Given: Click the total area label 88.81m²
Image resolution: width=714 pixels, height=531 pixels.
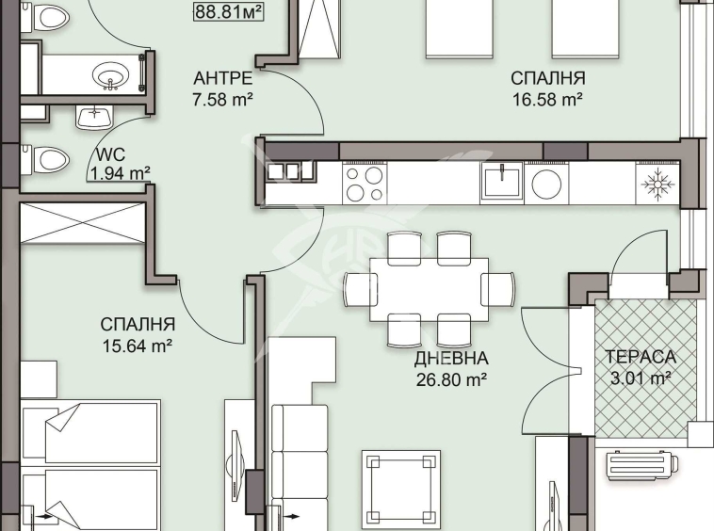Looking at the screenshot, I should [227, 12].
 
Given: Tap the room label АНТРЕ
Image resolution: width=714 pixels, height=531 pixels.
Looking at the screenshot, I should [222, 78].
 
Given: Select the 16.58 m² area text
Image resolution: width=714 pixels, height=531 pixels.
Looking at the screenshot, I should [547, 99].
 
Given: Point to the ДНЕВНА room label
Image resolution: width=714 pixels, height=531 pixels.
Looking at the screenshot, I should [451, 359].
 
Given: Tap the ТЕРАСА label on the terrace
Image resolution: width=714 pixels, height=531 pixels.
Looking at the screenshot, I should [640, 359].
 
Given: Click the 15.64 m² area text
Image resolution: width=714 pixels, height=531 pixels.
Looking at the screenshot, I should [138, 346].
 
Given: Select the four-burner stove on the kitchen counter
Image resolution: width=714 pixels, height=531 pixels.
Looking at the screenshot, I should [364, 183].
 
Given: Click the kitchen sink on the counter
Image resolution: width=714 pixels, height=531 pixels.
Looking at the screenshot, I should [502, 181].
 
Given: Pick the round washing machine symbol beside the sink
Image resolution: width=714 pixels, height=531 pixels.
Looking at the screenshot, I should [546, 183].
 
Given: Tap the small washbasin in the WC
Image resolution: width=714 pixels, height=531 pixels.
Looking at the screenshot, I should [94, 116].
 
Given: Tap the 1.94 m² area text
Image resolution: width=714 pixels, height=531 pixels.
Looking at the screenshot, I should [120, 172].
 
